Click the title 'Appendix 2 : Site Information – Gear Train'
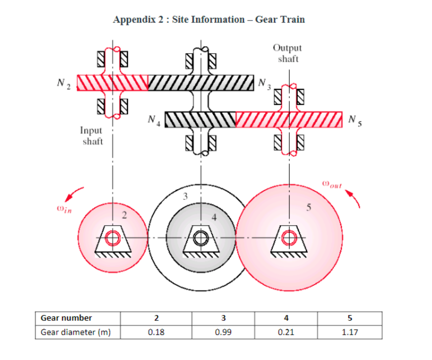pos(209,20)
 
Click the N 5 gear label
pos(356,119)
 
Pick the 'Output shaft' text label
pos(287,53)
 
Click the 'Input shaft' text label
pos(92,136)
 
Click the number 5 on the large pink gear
pos(308,208)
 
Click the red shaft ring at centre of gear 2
pos(113,238)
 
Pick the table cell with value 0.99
pos(223,332)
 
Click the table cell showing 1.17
pos(350,332)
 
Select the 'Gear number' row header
pos(66,318)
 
